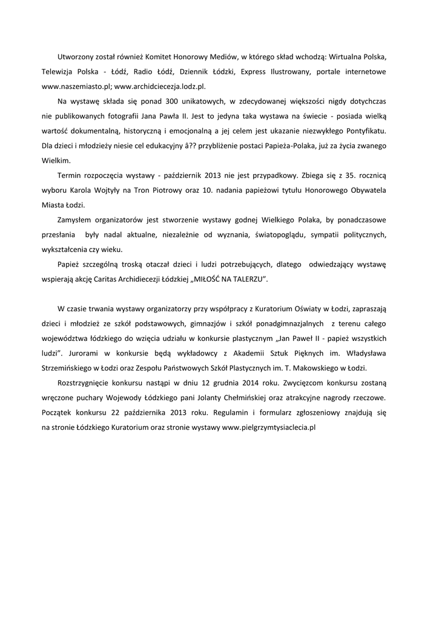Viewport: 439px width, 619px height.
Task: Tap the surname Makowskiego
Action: point(329,368)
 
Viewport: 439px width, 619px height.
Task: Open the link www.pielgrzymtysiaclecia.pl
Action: point(269,427)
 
